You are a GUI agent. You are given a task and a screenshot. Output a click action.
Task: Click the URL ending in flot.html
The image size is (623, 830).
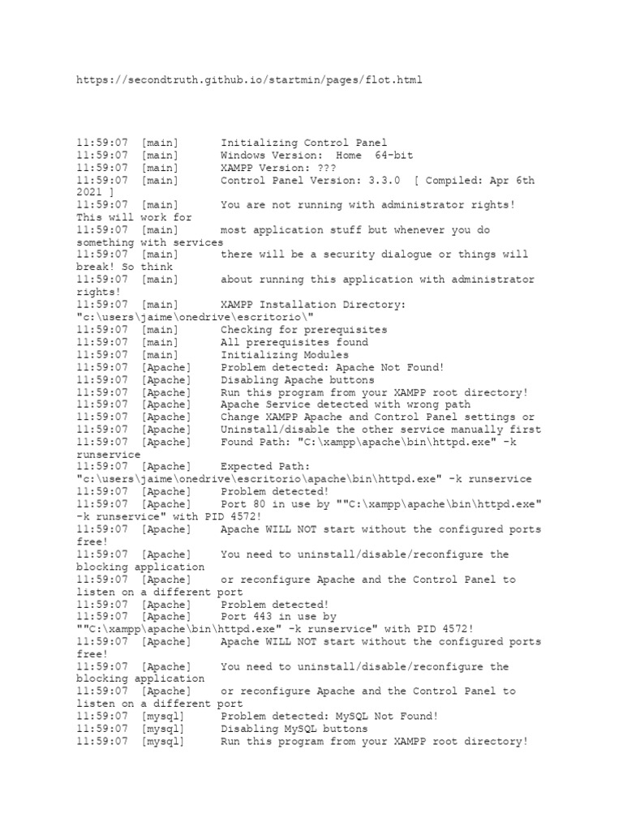[249, 80]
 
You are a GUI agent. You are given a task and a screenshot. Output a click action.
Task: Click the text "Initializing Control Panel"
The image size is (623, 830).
[303, 143]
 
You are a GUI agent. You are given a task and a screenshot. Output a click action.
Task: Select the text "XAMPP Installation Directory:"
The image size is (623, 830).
[313, 305]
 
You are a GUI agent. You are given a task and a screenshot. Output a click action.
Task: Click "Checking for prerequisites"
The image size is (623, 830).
[303, 330]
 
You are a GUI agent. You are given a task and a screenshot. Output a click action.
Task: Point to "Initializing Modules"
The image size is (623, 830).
[284, 355]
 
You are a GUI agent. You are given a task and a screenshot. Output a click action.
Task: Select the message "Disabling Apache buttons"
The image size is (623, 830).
[297, 379]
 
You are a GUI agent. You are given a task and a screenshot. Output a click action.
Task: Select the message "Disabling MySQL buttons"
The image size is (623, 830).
[294, 729]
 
